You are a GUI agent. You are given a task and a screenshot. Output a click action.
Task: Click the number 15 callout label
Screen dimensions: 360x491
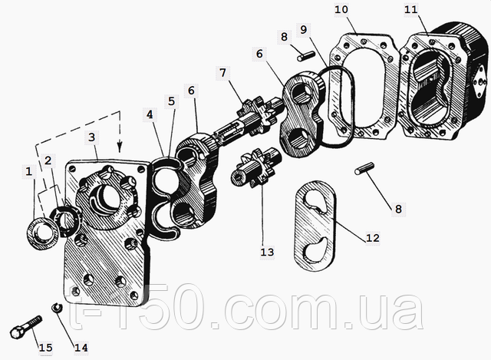[45, 348]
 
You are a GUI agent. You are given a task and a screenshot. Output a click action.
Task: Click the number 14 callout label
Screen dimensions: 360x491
[81, 347]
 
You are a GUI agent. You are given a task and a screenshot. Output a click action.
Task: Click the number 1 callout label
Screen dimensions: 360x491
[29, 173]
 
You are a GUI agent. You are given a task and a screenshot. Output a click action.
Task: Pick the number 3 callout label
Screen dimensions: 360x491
[91, 136]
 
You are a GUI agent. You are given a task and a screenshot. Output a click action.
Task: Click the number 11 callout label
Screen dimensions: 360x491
[411, 9]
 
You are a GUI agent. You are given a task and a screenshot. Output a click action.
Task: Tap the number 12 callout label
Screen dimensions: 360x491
[372, 238]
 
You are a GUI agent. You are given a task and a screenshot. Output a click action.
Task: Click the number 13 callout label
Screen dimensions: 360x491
[267, 250]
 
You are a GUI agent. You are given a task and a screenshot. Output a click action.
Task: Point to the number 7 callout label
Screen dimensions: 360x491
[222, 73]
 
